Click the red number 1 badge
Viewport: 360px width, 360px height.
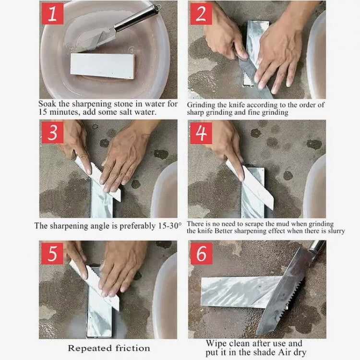(x=52, y=14)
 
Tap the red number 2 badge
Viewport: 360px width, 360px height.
(x=202, y=14)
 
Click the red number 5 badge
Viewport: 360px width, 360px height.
(x=52, y=253)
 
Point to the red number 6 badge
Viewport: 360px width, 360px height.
(x=202, y=253)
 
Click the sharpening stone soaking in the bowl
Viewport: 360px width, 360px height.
(x=103, y=65)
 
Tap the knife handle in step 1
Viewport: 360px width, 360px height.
(x=139, y=18)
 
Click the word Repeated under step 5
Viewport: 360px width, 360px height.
(x=87, y=348)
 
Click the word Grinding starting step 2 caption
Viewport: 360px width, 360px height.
(x=201, y=105)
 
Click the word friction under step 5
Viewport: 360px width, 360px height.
(x=130, y=348)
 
